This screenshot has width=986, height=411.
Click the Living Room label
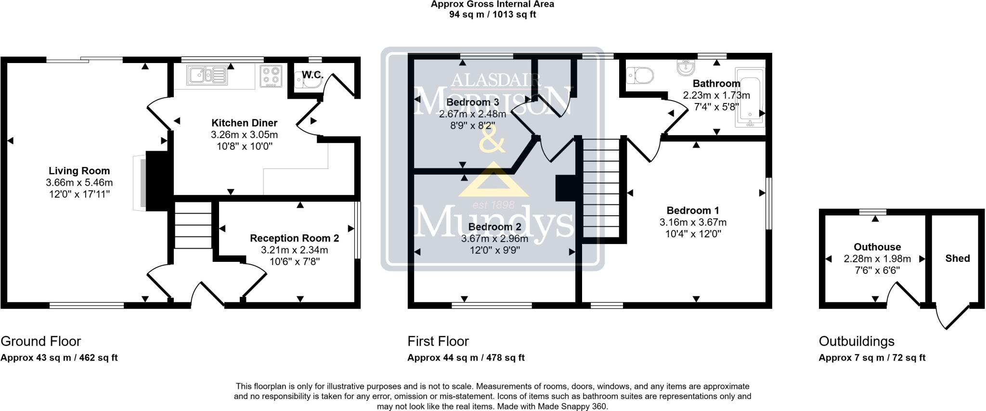tap(79, 171)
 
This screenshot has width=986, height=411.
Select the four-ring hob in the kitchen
tap(271, 76)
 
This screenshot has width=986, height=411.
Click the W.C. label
tap(312, 75)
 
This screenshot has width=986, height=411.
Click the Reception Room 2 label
tap(295, 238)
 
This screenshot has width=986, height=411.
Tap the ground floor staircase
tap(193, 225)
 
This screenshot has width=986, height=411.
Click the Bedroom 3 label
tap(472, 103)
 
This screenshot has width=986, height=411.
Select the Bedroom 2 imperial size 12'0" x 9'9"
tap(495, 250)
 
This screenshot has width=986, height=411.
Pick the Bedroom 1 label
tap(693, 210)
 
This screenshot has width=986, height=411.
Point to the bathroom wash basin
tap(685, 67)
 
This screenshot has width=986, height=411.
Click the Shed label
tap(957, 258)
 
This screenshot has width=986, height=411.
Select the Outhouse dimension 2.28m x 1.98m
tap(877, 259)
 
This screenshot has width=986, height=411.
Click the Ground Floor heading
tap(40, 341)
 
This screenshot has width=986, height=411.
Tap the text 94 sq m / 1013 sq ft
tap(493, 14)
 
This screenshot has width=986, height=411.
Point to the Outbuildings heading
tap(856, 341)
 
